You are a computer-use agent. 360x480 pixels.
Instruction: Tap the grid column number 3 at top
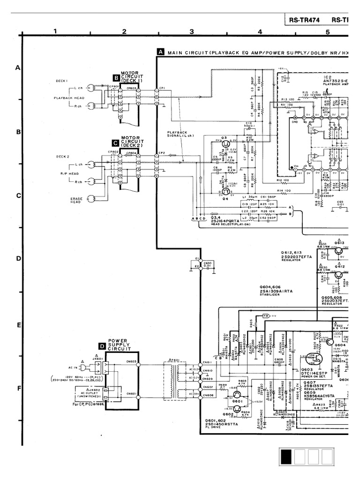coord(192,32)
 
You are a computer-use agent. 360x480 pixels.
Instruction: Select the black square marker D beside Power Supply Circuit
coord(102,346)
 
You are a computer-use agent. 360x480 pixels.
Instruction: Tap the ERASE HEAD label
coord(76,200)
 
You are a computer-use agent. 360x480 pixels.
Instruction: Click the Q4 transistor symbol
coord(225,191)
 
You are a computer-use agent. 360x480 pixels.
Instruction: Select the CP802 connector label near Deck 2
coord(113,152)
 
